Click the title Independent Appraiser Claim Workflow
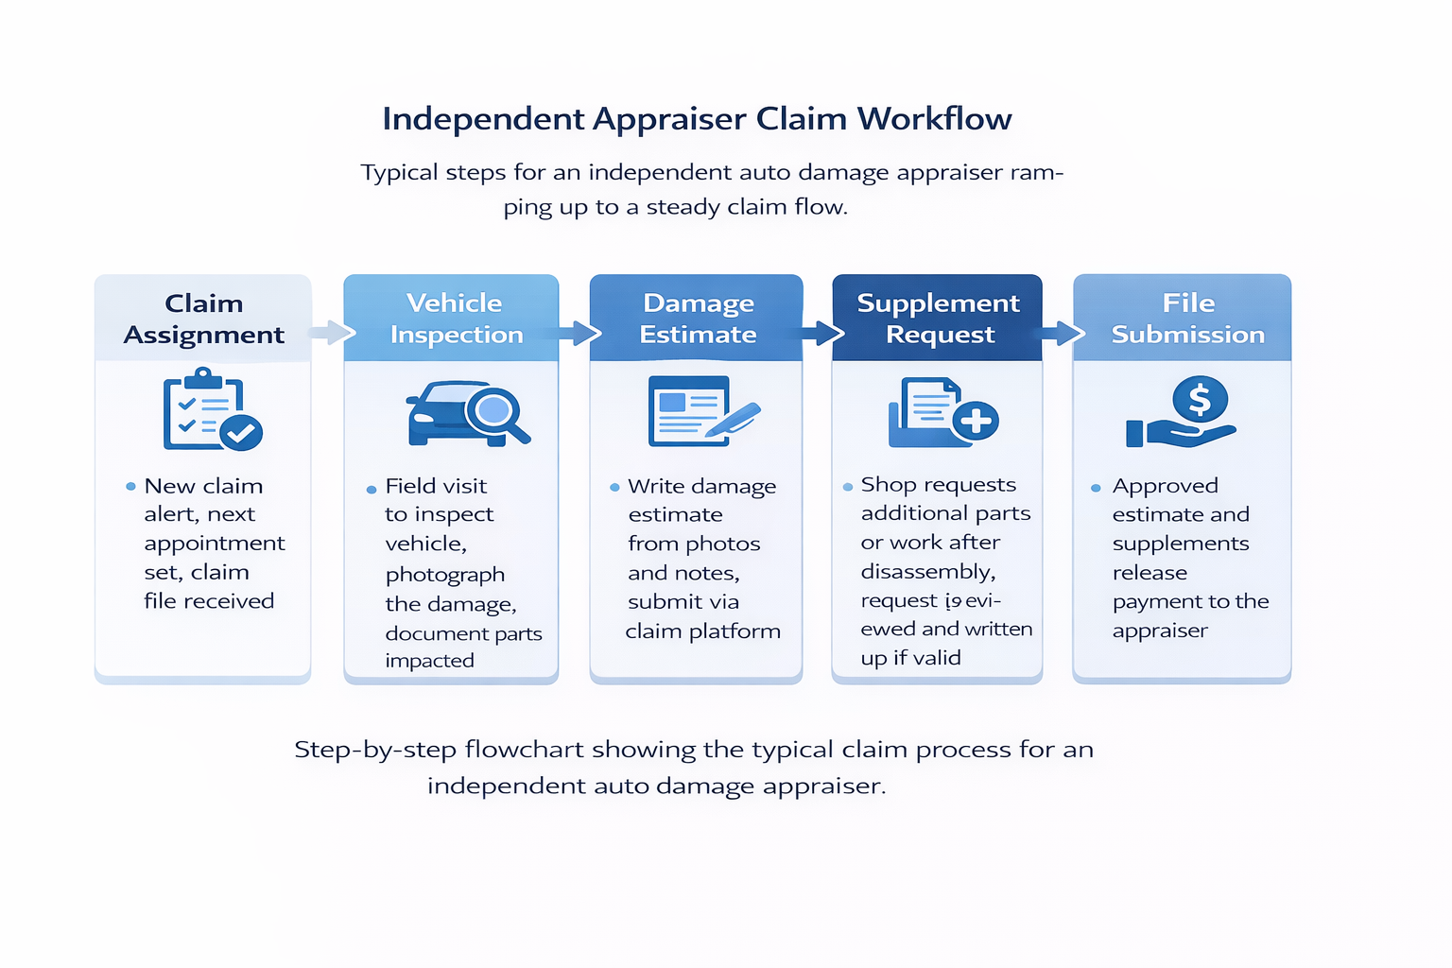pos(697,119)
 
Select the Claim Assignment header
pos(203,319)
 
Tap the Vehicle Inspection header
pos(455,319)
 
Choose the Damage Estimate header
pos(698,319)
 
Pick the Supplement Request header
pos(938,319)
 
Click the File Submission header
pos(1187,319)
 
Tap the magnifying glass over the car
pos(493,411)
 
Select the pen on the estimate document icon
pos(735,421)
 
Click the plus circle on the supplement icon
pos(975,421)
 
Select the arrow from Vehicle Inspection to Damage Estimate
pos(578,333)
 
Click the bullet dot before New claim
pos(130,487)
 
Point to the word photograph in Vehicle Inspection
pos(444,575)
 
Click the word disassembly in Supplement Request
pos(927,572)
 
